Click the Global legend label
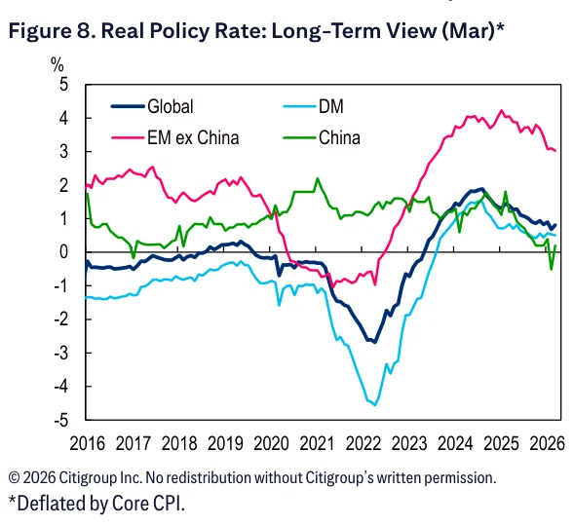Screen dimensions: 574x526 click(171, 107)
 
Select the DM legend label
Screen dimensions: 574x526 click(331, 107)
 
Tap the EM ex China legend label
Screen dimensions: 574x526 click(193, 138)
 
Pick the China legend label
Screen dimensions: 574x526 click(339, 138)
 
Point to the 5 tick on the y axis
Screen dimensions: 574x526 click(63, 85)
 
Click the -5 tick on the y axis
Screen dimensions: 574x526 click(61, 420)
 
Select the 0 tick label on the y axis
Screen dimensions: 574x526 click(63, 252)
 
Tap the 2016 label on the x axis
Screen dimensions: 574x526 click(87, 444)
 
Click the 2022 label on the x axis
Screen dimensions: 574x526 click(364, 444)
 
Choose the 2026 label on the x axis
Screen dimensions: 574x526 click(548, 444)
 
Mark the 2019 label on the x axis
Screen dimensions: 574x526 click(225, 444)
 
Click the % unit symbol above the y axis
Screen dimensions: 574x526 click(57, 65)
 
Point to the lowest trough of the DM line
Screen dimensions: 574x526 click(375, 404)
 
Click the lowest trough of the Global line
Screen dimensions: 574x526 click(375, 342)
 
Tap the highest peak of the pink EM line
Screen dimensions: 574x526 click(502, 110)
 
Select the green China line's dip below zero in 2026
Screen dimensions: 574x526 click(552, 270)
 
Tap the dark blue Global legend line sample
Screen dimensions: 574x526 click(128, 107)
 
